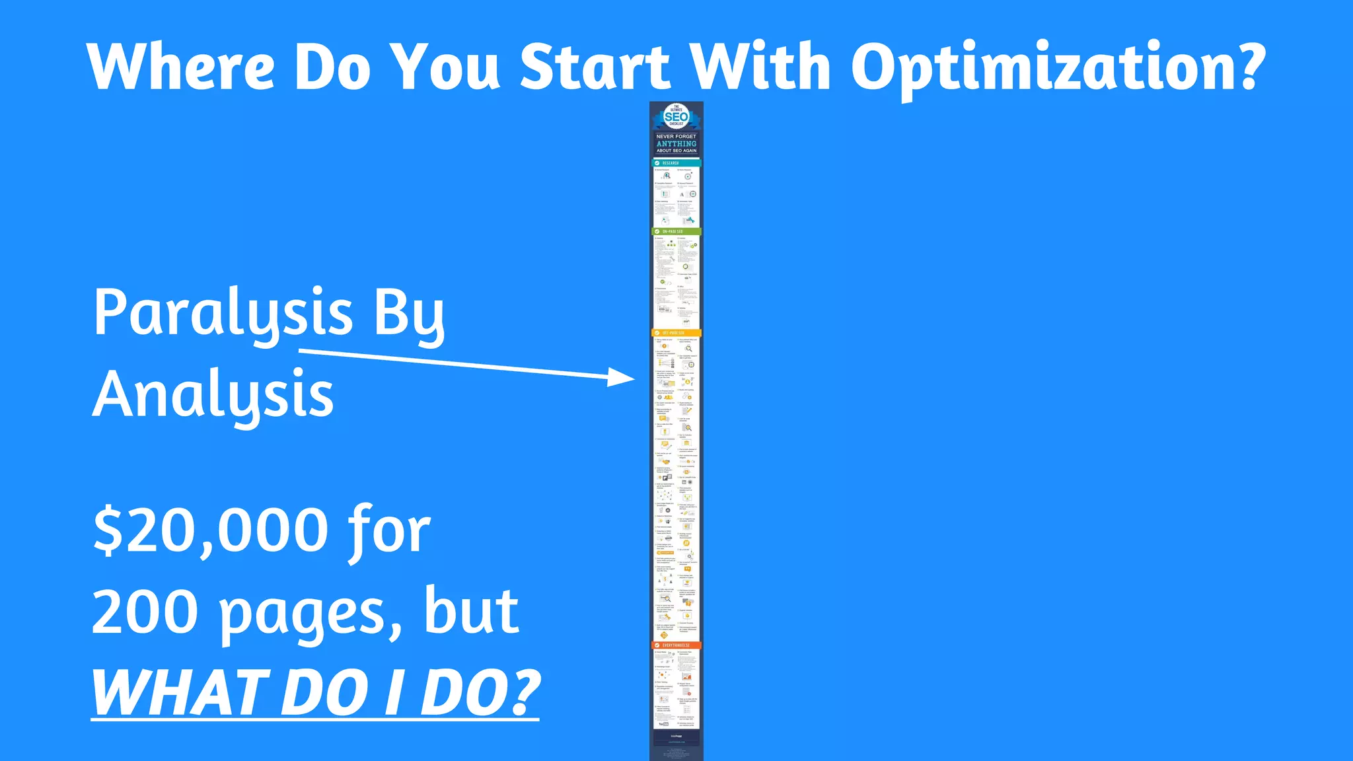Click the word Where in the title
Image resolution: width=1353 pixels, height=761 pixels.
180,67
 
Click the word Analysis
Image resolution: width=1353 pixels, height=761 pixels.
213,395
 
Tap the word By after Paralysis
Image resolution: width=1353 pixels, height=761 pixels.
409,314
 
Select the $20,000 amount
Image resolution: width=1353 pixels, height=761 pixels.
210,531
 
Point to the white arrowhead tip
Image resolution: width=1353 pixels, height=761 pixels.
632,379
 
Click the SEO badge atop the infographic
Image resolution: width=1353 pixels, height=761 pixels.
676,117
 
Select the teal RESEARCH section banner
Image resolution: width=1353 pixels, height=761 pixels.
676,163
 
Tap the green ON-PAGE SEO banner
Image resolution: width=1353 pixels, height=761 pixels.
676,232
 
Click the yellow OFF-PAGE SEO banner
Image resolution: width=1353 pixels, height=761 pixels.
676,333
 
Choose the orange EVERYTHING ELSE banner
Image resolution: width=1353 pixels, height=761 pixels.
676,645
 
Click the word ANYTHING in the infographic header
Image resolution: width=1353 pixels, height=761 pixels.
676,143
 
